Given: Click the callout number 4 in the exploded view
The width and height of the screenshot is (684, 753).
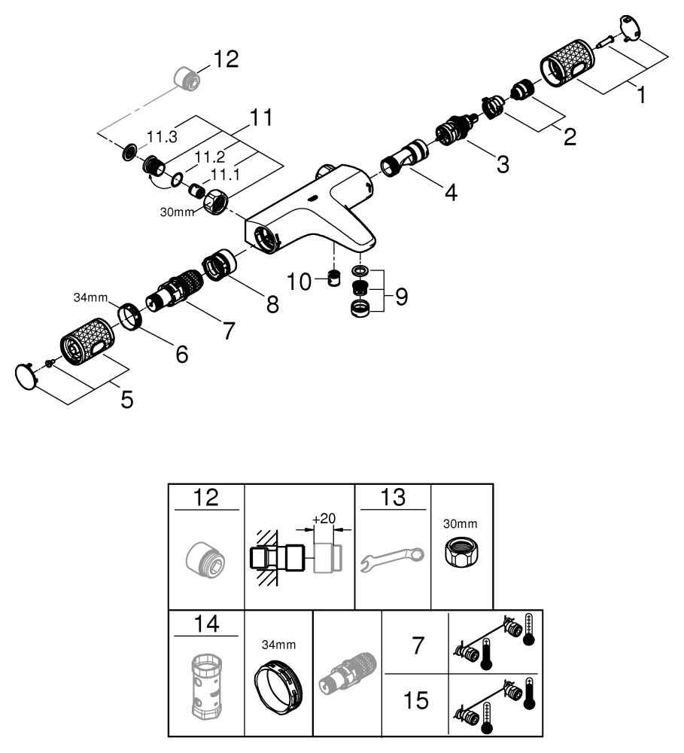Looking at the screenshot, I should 450,193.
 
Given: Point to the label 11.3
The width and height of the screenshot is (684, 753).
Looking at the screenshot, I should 161,138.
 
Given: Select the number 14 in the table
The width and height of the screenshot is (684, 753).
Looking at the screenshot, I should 205,625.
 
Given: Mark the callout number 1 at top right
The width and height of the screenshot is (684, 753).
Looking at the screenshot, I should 640,96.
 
